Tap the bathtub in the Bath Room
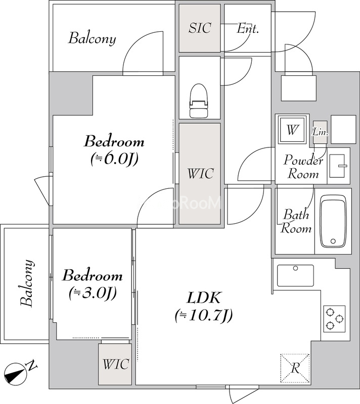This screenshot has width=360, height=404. (333, 221)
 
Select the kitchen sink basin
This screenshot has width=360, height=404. (295, 275)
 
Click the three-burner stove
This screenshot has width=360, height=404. (335, 319)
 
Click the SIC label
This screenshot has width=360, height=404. (200, 28)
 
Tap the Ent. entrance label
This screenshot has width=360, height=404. (248, 28)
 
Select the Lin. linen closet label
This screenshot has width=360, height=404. (320, 132)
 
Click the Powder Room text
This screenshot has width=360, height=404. (303, 167)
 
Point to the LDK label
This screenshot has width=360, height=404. (203, 297)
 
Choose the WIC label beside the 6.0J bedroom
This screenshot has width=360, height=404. (200, 173)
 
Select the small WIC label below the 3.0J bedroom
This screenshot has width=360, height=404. (115, 364)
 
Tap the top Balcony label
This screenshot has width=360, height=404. (92, 39)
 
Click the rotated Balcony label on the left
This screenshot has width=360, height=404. (27, 283)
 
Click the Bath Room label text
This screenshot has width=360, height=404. (296, 221)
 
